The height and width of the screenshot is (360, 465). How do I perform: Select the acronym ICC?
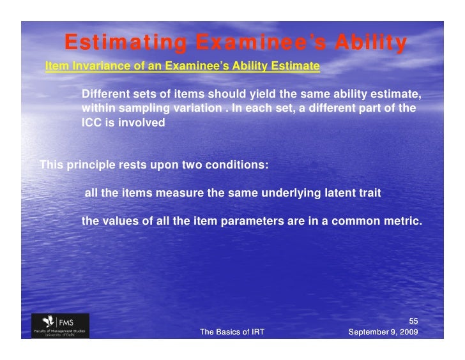91,123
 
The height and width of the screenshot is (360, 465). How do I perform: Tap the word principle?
89,164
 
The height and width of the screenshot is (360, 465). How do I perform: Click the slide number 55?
413,320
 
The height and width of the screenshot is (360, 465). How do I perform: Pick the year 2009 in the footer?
408,332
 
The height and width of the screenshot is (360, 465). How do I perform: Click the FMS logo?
61,324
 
